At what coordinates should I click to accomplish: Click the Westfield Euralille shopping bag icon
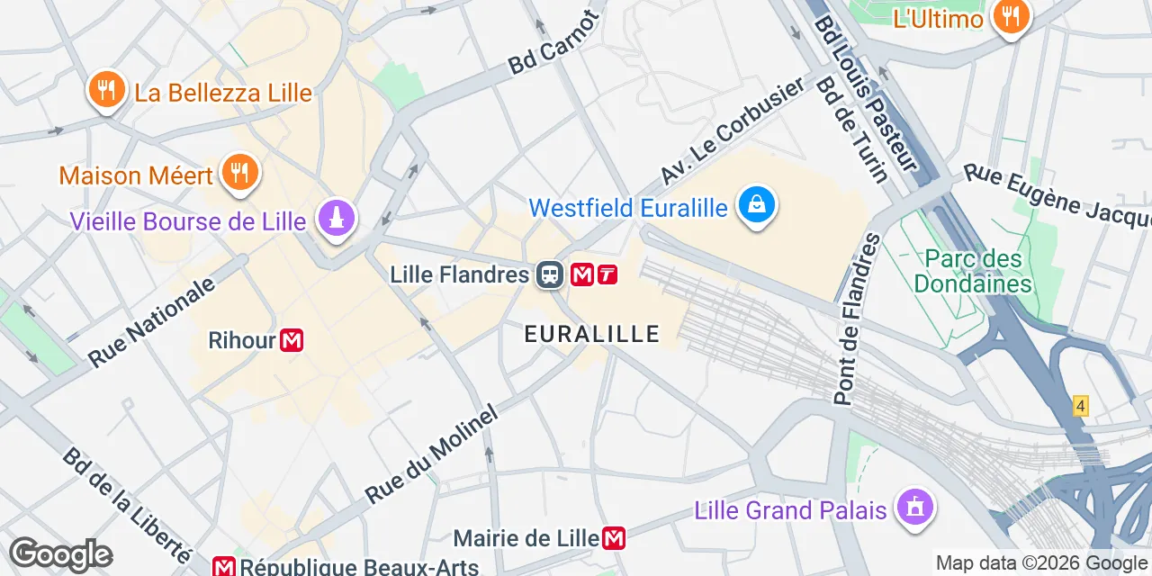click(757, 206)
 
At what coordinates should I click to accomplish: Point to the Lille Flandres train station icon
click(549, 274)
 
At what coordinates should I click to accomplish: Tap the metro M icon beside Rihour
click(291, 340)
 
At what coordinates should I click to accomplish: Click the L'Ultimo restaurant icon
click(1012, 15)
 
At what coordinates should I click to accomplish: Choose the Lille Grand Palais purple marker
click(915, 508)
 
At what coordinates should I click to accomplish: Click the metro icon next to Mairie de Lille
click(614, 538)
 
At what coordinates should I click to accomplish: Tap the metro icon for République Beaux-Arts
click(224, 567)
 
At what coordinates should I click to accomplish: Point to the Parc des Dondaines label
click(972, 272)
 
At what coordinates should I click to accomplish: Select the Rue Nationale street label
click(153, 321)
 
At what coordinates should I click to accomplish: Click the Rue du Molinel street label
click(431, 455)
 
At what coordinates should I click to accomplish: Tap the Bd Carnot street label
click(553, 43)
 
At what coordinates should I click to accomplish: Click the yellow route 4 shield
click(1081, 406)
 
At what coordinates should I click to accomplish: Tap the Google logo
click(60, 554)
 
